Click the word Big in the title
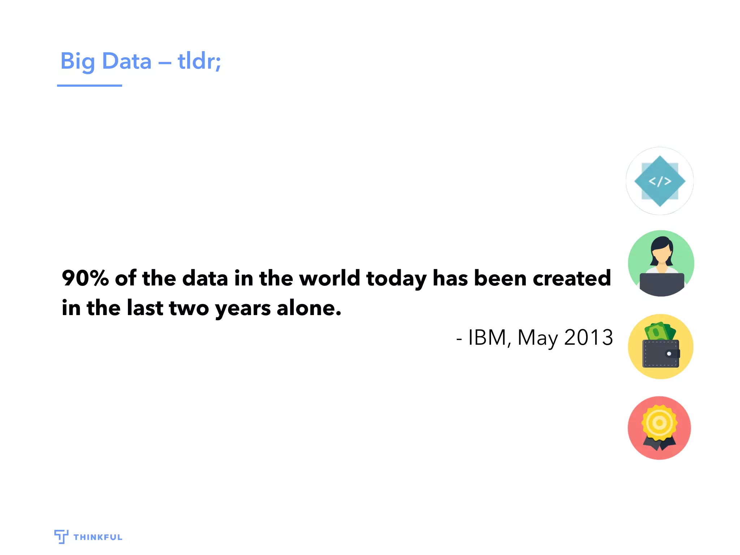click(77, 61)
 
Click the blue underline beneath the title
click(89, 86)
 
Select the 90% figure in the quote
click(85, 278)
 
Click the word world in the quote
click(330, 278)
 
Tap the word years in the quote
click(242, 309)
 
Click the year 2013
click(588, 337)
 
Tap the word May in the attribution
click(538, 338)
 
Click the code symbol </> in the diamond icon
click(660, 181)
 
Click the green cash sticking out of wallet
click(659, 331)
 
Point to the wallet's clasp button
click(669, 354)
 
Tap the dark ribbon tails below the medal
click(659, 444)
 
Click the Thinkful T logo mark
click(61, 536)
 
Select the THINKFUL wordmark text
click(98, 537)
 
